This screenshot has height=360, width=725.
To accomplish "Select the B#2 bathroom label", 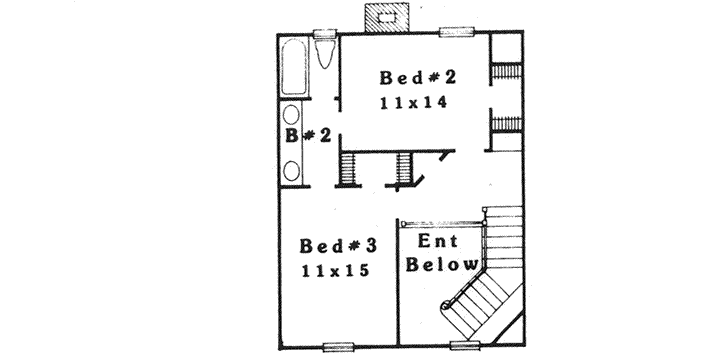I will tap(308, 137).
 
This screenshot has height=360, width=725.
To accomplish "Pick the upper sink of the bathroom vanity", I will tap(293, 119).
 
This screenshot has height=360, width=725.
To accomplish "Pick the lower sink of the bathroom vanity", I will tap(293, 168).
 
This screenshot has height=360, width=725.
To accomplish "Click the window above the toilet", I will tap(324, 34).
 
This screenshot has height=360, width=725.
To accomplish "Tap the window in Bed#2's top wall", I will tap(456, 33).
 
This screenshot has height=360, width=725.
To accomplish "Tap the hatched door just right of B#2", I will tap(348, 169).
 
